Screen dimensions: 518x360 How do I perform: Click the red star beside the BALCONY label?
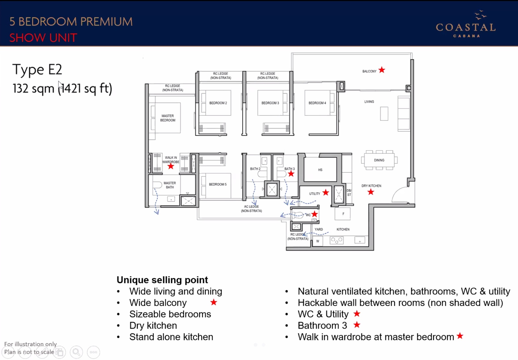click(382, 70)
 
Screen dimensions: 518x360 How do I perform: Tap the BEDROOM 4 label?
click(317, 103)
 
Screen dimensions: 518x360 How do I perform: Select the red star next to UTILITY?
click(326, 192)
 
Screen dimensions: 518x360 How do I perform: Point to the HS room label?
click(320, 170)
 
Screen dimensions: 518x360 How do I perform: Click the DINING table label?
click(379, 160)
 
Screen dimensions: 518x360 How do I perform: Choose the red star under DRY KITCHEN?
click(371, 192)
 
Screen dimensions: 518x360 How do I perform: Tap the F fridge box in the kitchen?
click(343, 214)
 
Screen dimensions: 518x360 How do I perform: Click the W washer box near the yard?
click(318, 241)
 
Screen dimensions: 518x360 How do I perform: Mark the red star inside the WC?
click(314, 214)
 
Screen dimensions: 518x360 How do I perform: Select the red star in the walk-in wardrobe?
click(171, 166)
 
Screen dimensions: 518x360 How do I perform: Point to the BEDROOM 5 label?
click(218, 184)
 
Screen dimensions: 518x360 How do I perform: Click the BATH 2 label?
click(255, 169)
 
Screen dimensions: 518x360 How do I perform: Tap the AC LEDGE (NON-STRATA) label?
click(251, 208)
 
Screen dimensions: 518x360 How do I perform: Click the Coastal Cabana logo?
click(466, 24)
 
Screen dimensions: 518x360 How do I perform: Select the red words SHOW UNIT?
click(43, 38)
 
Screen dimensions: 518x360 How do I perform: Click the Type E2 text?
click(37, 69)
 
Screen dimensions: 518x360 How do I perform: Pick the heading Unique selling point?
click(162, 280)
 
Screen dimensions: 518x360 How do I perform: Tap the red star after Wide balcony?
click(214, 302)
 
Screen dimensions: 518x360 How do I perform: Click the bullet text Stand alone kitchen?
click(171, 337)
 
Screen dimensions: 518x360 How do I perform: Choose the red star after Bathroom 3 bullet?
click(357, 325)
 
